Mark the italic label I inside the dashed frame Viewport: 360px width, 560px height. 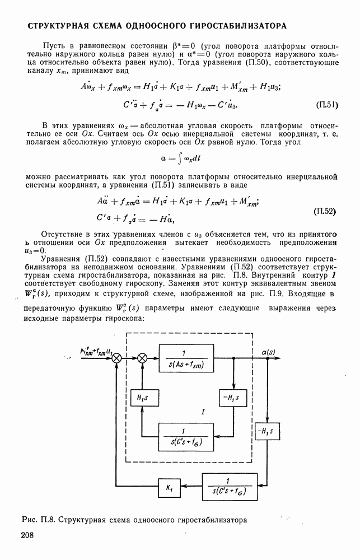203,412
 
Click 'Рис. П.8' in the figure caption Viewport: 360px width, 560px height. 39,519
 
